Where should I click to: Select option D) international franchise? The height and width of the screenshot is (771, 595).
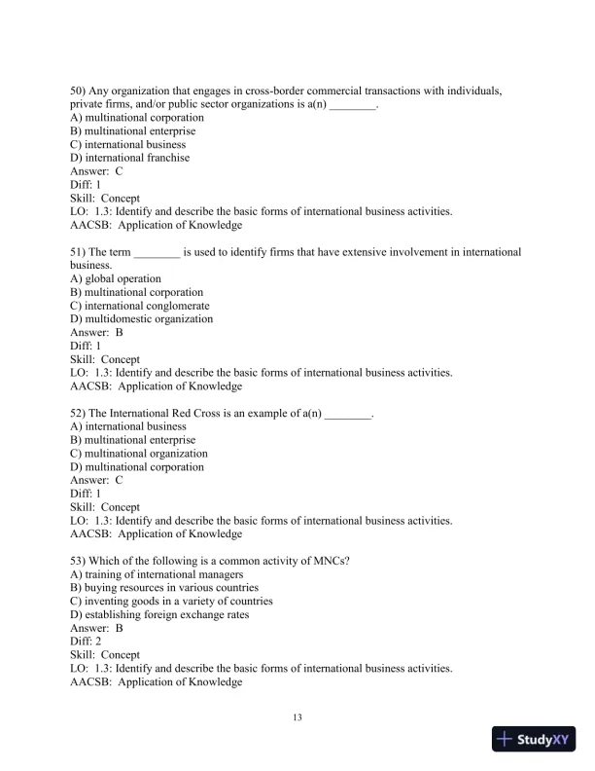click(x=130, y=158)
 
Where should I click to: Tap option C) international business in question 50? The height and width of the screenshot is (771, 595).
click(x=128, y=144)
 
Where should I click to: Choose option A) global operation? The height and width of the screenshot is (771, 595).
click(x=116, y=278)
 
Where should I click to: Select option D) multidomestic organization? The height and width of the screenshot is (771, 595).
click(x=141, y=318)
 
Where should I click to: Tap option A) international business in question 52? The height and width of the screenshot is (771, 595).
click(x=128, y=426)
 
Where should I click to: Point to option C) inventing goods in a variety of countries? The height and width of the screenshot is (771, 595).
click(x=171, y=601)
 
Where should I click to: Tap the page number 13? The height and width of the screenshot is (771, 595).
click(x=298, y=718)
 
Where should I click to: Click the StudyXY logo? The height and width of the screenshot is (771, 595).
click(x=534, y=740)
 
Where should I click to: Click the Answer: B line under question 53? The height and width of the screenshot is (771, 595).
click(x=96, y=628)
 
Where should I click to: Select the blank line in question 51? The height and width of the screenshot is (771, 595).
click(x=156, y=252)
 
